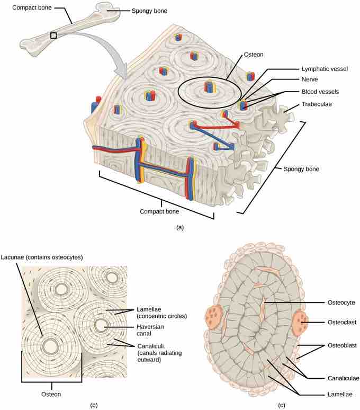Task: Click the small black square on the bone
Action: pos(53,35)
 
